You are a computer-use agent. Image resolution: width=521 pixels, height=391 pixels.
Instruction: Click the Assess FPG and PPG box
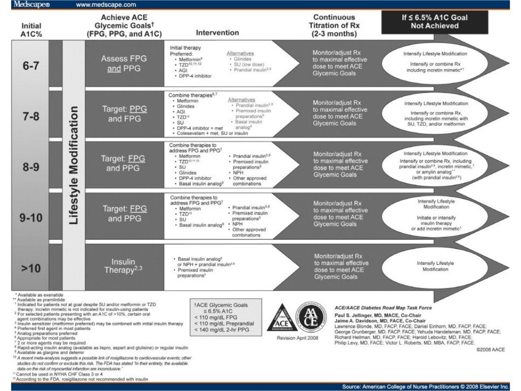[x=124, y=63]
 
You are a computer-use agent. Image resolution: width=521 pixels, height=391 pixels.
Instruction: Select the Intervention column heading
[x=217, y=33]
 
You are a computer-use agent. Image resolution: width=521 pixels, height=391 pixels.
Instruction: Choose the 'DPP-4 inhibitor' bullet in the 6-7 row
[x=194, y=76]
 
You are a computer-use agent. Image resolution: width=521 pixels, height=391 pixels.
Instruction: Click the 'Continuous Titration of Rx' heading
[x=334, y=25]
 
